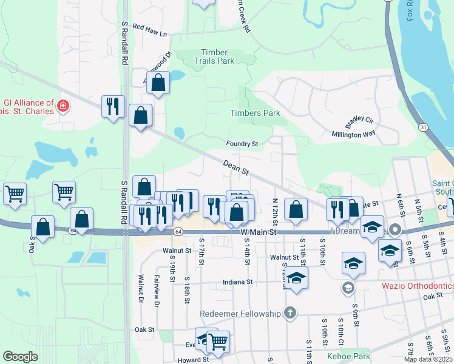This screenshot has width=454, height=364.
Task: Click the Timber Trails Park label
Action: point(214,56)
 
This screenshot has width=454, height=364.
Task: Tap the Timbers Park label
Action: point(255,113)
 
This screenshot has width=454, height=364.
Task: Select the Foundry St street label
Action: point(242,144)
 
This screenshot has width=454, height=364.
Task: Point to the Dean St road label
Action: point(236,167)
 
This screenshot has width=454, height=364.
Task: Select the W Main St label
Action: point(259,232)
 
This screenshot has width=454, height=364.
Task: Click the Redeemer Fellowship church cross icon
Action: point(290,313)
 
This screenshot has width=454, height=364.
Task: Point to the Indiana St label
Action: point(237,282)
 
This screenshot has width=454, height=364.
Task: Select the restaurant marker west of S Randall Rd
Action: point(113,106)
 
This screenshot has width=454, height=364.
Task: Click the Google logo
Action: point(20,357)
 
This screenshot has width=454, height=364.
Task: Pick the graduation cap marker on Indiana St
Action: point(296,278)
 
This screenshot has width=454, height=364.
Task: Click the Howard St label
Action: point(193,359)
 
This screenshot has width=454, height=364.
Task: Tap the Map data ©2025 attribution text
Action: point(428,359)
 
